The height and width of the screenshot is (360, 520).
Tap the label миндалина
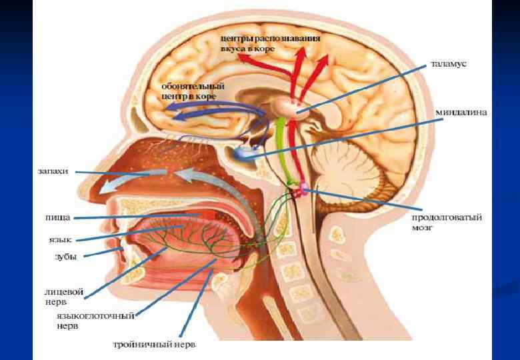tap(461, 112)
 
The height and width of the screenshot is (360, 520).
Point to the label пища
tap(58, 217)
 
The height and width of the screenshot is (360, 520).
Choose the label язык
tap(59, 239)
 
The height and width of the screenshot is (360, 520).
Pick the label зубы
tap(64, 256)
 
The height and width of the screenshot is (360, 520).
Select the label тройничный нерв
tap(154, 345)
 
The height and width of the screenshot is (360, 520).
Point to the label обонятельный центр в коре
tap(193, 91)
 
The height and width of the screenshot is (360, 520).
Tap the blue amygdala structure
tap(243, 155)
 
